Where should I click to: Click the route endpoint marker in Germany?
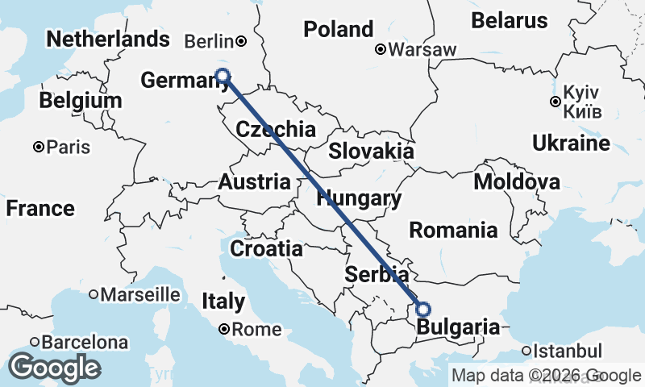[223, 77]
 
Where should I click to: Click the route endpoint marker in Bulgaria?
[422, 309]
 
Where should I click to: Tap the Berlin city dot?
[240, 40]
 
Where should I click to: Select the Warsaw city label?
[422, 50]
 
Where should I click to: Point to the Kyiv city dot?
[555, 102]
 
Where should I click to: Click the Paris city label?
[68, 148]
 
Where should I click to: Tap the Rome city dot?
[225, 329]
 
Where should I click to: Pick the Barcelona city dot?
[35, 342]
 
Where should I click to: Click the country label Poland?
[338, 29]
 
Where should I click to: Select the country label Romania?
[453, 230]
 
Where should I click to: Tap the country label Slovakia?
[371, 152]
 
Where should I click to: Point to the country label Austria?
[254, 181]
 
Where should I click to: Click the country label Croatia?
[266, 248]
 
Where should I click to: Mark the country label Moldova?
[517, 181]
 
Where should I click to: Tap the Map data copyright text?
[547, 375]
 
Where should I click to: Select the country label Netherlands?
[108, 39]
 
